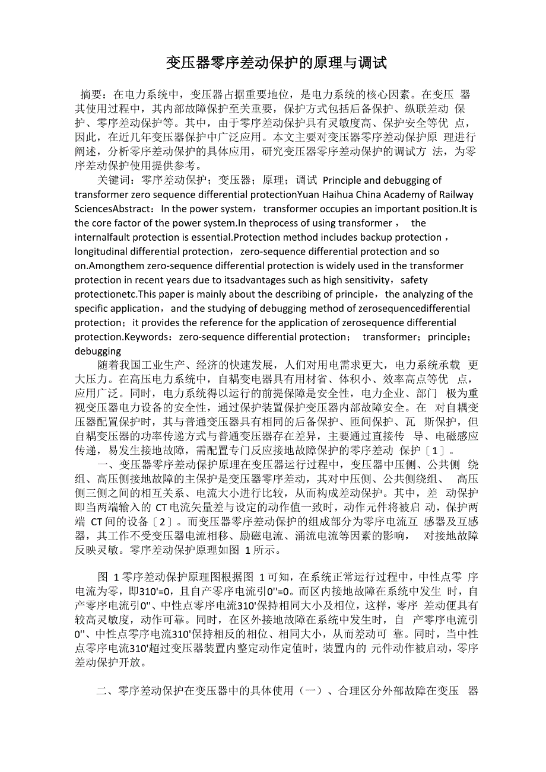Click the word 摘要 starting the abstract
coord(92,94)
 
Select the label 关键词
coord(115,180)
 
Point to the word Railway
coord(456,194)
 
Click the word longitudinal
coord(104,251)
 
